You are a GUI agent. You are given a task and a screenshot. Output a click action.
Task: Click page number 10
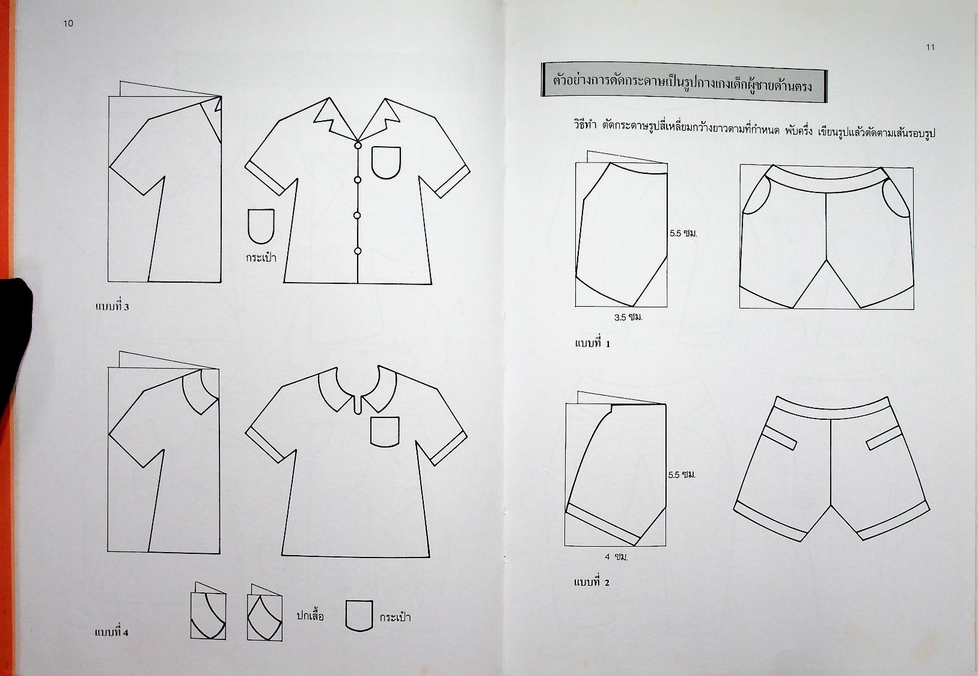pyautogui.click(x=69, y=23)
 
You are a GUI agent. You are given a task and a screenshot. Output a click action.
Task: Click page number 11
pyautogui.click(x=930, y=47)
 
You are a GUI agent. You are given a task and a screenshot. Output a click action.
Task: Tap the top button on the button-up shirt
pyautogui.click(x=358, y=145)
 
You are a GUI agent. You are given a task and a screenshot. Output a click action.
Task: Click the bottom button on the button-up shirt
pyautogui.click(x=358, y=251)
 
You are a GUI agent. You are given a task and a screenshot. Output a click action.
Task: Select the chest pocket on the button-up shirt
pyautogui.click(x=386, y=162)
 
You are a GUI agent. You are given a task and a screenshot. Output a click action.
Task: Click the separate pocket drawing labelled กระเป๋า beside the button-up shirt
pyautogui.click(x=261, y=226)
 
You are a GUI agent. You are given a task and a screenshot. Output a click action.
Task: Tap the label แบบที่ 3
pyautogui.click(x=112, y=306)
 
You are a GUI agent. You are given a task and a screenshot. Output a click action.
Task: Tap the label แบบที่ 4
pyautogui.click(x=112, y=632)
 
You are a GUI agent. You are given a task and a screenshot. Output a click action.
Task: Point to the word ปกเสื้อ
pyautogui.click(x=310, y=616)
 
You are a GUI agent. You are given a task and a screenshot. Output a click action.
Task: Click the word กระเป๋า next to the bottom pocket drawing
pyautogui.click(x=395, y=617)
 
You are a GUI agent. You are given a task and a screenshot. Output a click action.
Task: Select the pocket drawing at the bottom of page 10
pyautogui.click(x=359, y=616)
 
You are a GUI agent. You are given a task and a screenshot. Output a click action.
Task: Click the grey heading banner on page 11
pyautogui.click(x=684, y=82)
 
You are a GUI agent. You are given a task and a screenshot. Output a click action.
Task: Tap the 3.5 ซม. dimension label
pyautogui.click(x=628, y=317)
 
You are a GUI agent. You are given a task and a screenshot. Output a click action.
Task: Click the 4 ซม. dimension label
pyautogui.click(x=616, y=557)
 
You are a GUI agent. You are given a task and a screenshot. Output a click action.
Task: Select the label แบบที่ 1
pyautogui.click(x=593, y=343)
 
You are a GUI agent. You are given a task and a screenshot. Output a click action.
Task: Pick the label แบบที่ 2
pyautogui.click(x=591, y=582)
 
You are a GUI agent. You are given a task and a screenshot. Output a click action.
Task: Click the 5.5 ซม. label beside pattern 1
pyautogui.click(x=683, y=233)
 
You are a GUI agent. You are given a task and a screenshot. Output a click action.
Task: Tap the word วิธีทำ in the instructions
pyautogui.click(x=585, y=126)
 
